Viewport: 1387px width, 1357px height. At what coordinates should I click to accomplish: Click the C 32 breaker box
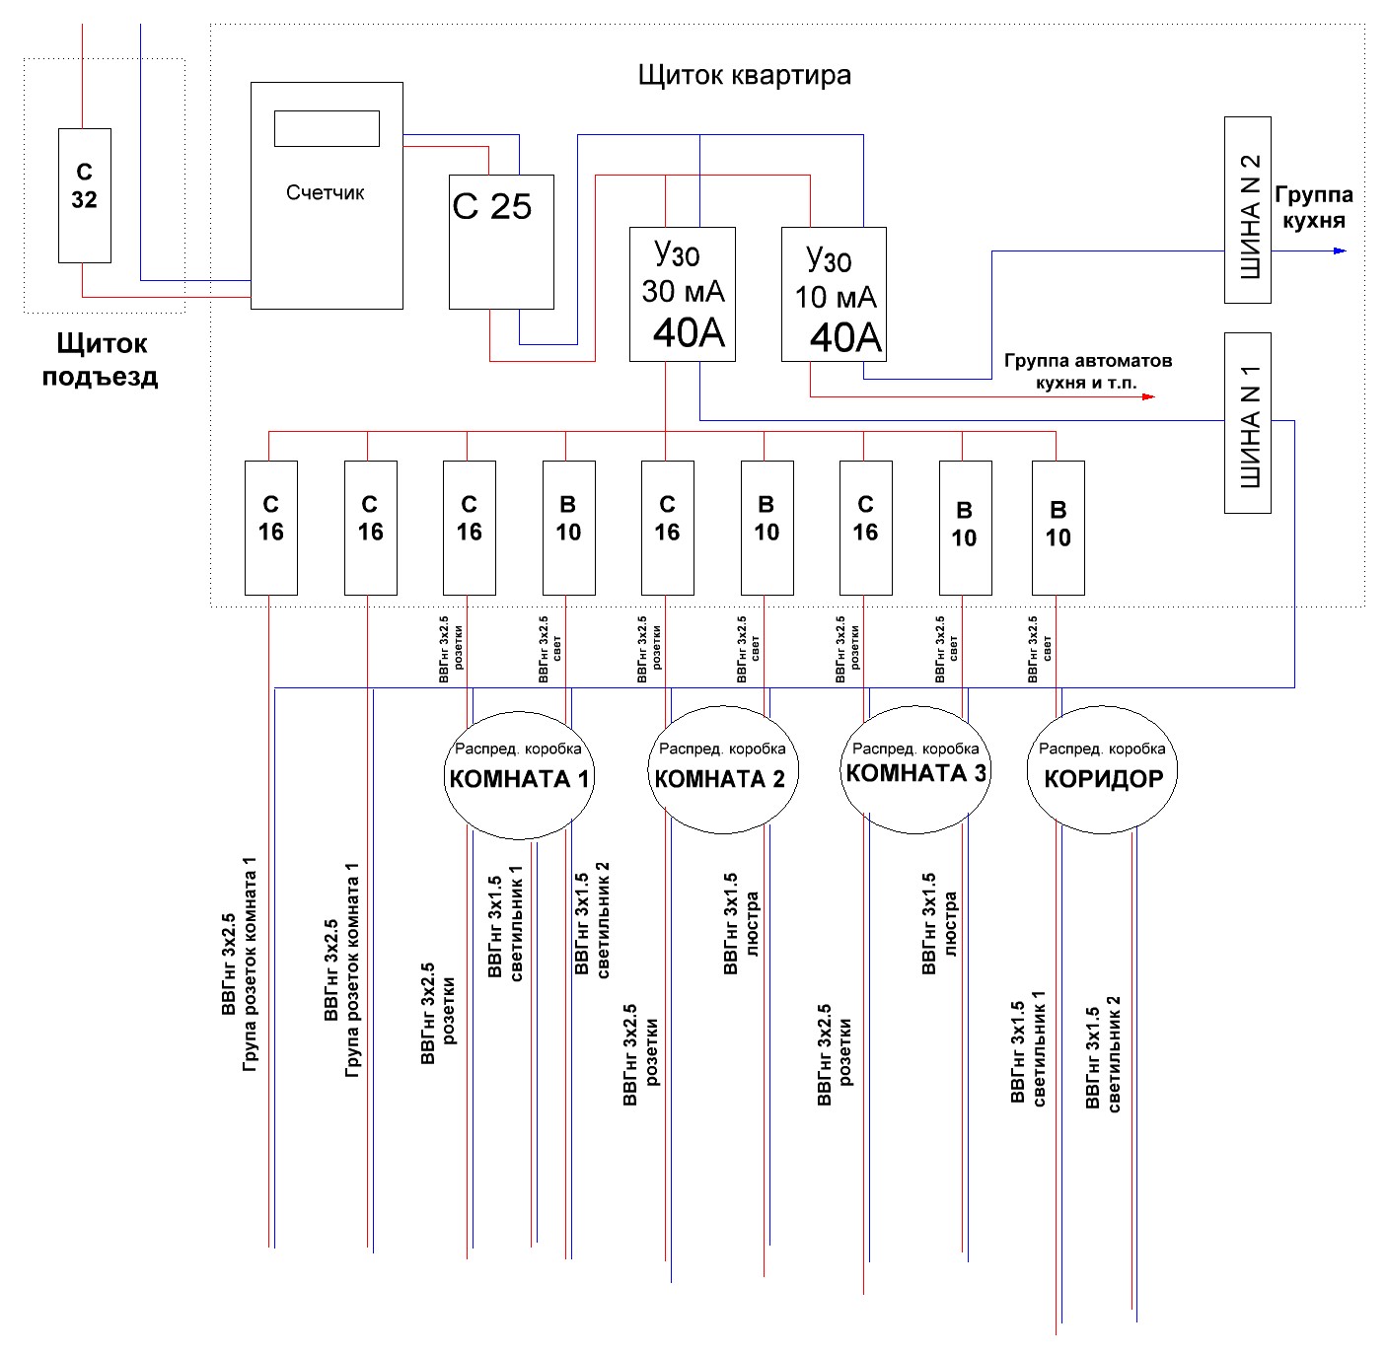(x=84, y=195)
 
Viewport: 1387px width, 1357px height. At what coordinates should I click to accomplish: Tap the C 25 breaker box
(x=501, y=242)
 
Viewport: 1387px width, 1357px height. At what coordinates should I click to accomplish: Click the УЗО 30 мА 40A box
(x=683, y=293)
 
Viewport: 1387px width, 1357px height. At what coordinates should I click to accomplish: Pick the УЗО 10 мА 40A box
(x=834, y=293)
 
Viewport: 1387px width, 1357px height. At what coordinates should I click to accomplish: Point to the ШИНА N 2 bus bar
(x=1247, y=209)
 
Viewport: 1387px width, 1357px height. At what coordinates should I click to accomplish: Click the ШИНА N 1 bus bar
(x=1247, y=422)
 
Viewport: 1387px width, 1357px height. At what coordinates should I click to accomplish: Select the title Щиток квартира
(x=744, y=75)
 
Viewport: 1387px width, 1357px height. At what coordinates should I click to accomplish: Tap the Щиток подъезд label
(x=101, y=359)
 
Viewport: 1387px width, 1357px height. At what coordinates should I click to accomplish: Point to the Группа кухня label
(x=1313, y=207)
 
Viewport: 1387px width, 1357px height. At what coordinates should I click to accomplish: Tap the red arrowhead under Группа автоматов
(x=1148, y=396)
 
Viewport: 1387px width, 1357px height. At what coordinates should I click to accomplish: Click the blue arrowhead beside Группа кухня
(x=1339, y=250)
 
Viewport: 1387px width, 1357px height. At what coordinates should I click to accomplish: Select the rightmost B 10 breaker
(x=1058, y=528)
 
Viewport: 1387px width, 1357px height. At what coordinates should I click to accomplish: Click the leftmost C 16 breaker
(x=271, y=528)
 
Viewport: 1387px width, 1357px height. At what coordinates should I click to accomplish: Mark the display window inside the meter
(x=327, y=128)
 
